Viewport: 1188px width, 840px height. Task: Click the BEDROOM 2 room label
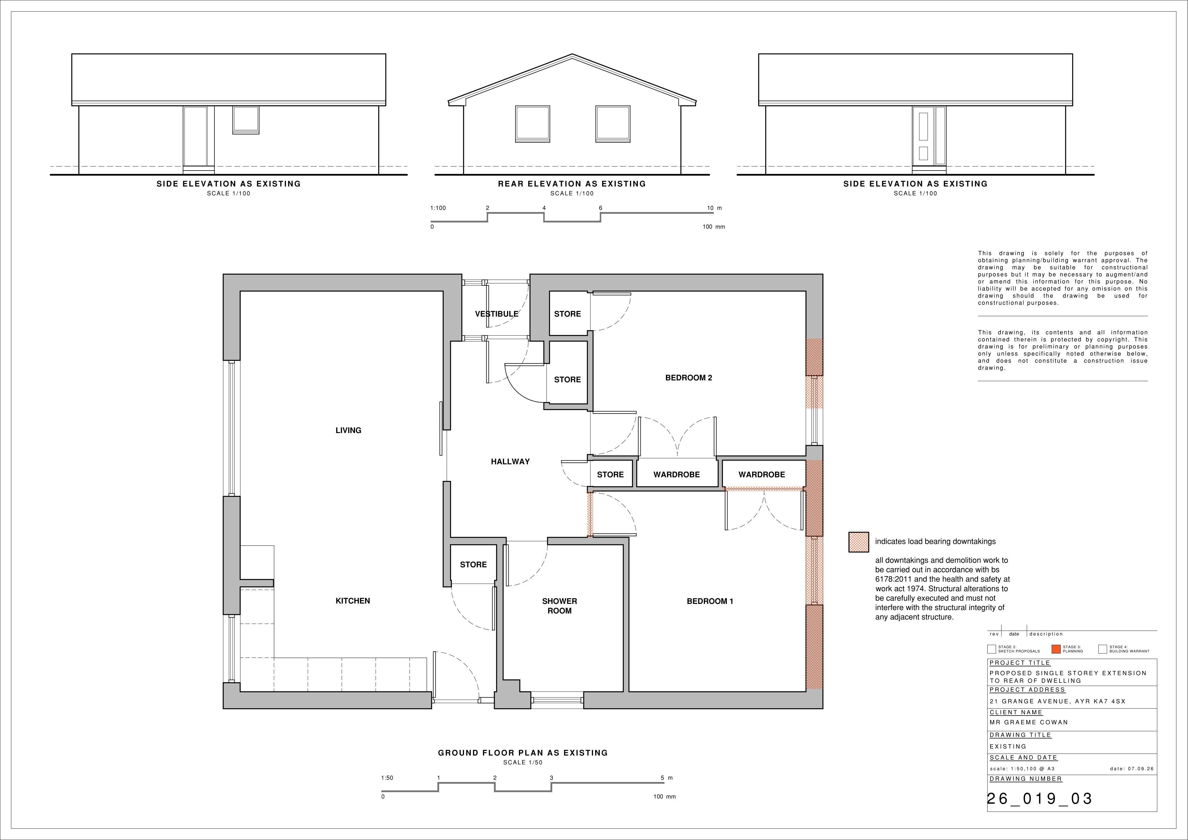688,378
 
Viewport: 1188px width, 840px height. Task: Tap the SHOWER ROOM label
559,606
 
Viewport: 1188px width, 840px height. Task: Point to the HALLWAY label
510,462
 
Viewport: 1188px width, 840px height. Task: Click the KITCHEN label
353,601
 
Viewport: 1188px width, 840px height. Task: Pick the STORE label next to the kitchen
473,565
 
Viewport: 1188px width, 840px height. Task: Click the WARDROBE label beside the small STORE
676,475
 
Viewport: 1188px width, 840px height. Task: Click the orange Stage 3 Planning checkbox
1056,649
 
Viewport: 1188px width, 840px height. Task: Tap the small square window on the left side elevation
246,120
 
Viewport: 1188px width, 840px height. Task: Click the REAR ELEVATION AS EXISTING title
572,184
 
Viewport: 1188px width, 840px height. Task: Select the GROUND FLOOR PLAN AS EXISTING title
523,753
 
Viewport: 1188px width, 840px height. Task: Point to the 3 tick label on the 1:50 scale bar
552,778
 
